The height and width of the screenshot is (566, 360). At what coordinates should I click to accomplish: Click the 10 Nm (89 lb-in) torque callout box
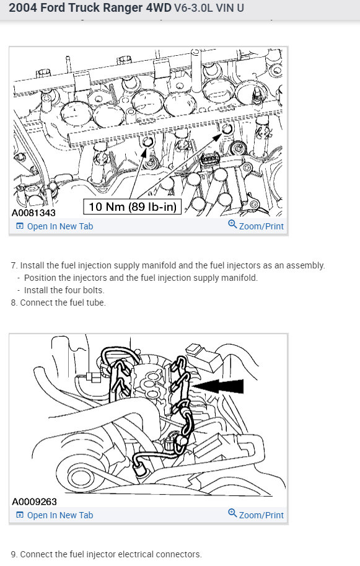[133, 206]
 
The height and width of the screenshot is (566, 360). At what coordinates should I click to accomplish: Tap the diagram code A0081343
[34, 213]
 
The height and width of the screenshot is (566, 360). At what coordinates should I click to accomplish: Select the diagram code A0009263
[34, 502]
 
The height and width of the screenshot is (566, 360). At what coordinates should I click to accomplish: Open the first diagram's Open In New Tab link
[55, 226]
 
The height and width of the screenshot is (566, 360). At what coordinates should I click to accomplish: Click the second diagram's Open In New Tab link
[55, 515]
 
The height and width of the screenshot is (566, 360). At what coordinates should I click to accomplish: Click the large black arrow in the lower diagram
[218, 386]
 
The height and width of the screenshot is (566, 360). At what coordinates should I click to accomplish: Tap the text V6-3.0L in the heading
[193, 8]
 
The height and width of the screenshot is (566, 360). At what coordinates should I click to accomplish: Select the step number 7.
[14, 265]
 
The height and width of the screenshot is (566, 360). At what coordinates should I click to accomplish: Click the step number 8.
[14, 303]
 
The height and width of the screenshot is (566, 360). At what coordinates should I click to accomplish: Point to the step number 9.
[14, 554]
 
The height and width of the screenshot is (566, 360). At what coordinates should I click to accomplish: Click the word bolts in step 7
[94, 290]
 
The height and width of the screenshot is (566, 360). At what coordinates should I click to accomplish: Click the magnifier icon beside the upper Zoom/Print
[232, 224]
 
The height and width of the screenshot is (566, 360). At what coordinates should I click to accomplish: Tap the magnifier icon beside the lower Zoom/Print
[232, 513]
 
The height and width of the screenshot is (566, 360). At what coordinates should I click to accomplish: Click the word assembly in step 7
[305, 266]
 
